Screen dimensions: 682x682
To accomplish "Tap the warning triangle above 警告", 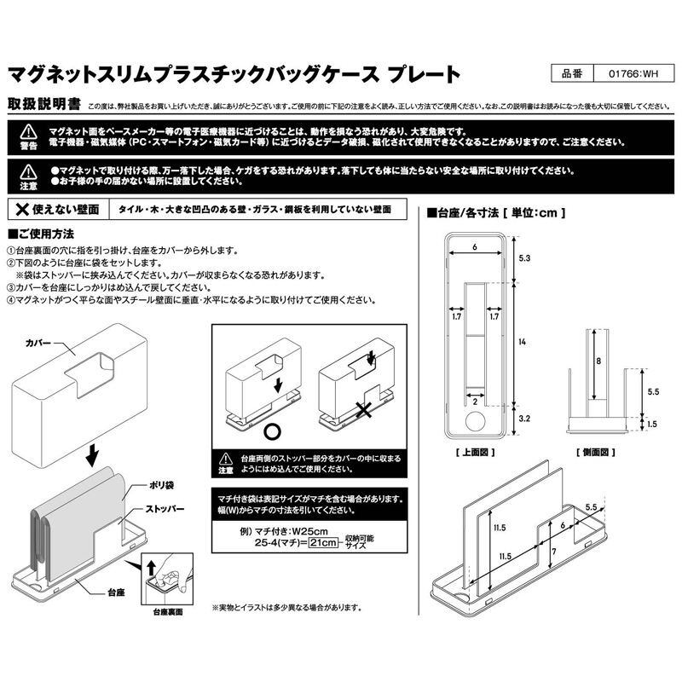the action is (28, 130).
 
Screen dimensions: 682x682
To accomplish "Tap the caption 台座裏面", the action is (170, 611).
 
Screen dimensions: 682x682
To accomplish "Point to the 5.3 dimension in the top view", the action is (524, 257).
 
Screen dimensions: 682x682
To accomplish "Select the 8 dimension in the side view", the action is (599, 361).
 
